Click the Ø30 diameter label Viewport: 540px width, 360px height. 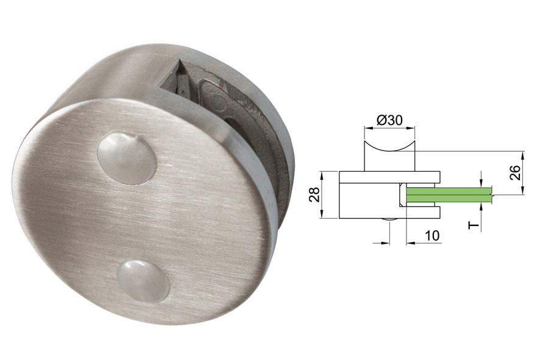pos(389,121)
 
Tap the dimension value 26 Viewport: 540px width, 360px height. pos(516,172)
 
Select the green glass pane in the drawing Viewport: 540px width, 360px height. pos(448,195)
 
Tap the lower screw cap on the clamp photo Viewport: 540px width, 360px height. pos(143,281)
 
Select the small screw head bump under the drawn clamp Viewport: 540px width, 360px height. pos(389,220)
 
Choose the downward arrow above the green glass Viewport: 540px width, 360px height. pos(481,183)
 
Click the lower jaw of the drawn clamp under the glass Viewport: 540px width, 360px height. pos(421,211)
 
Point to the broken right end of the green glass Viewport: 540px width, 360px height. pos(491,195)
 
